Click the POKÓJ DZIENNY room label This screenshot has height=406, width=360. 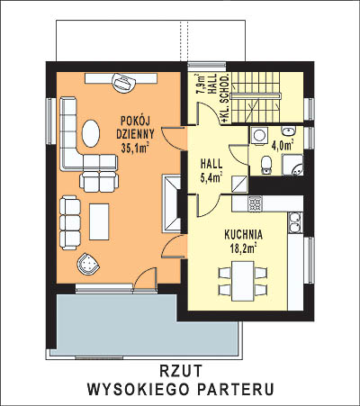coord(136,127)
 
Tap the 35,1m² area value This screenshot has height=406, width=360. coord(135,147)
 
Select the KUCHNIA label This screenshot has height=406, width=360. coord(244,234)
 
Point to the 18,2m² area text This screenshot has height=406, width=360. coord(243,248)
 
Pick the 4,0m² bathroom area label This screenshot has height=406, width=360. coord(283,146)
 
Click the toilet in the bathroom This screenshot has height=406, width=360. coord(266,166)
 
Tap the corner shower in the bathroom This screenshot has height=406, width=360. coord(292,165)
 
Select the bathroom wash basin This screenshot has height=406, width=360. coord(289,131)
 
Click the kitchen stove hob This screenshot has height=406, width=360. coord(256,203)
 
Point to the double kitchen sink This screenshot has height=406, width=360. coord(295,222)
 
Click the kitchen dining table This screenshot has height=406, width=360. coord(243,281)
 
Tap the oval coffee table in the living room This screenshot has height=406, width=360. coord(91,133)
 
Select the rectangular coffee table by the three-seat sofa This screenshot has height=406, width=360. coord(99,221)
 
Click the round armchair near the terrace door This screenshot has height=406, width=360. coord(88,264)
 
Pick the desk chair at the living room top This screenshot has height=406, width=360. coord(123,82)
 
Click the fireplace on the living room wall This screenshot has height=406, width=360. coord(172,203)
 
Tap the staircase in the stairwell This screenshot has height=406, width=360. coord(256,97)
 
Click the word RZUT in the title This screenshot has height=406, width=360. coord(181,371)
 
